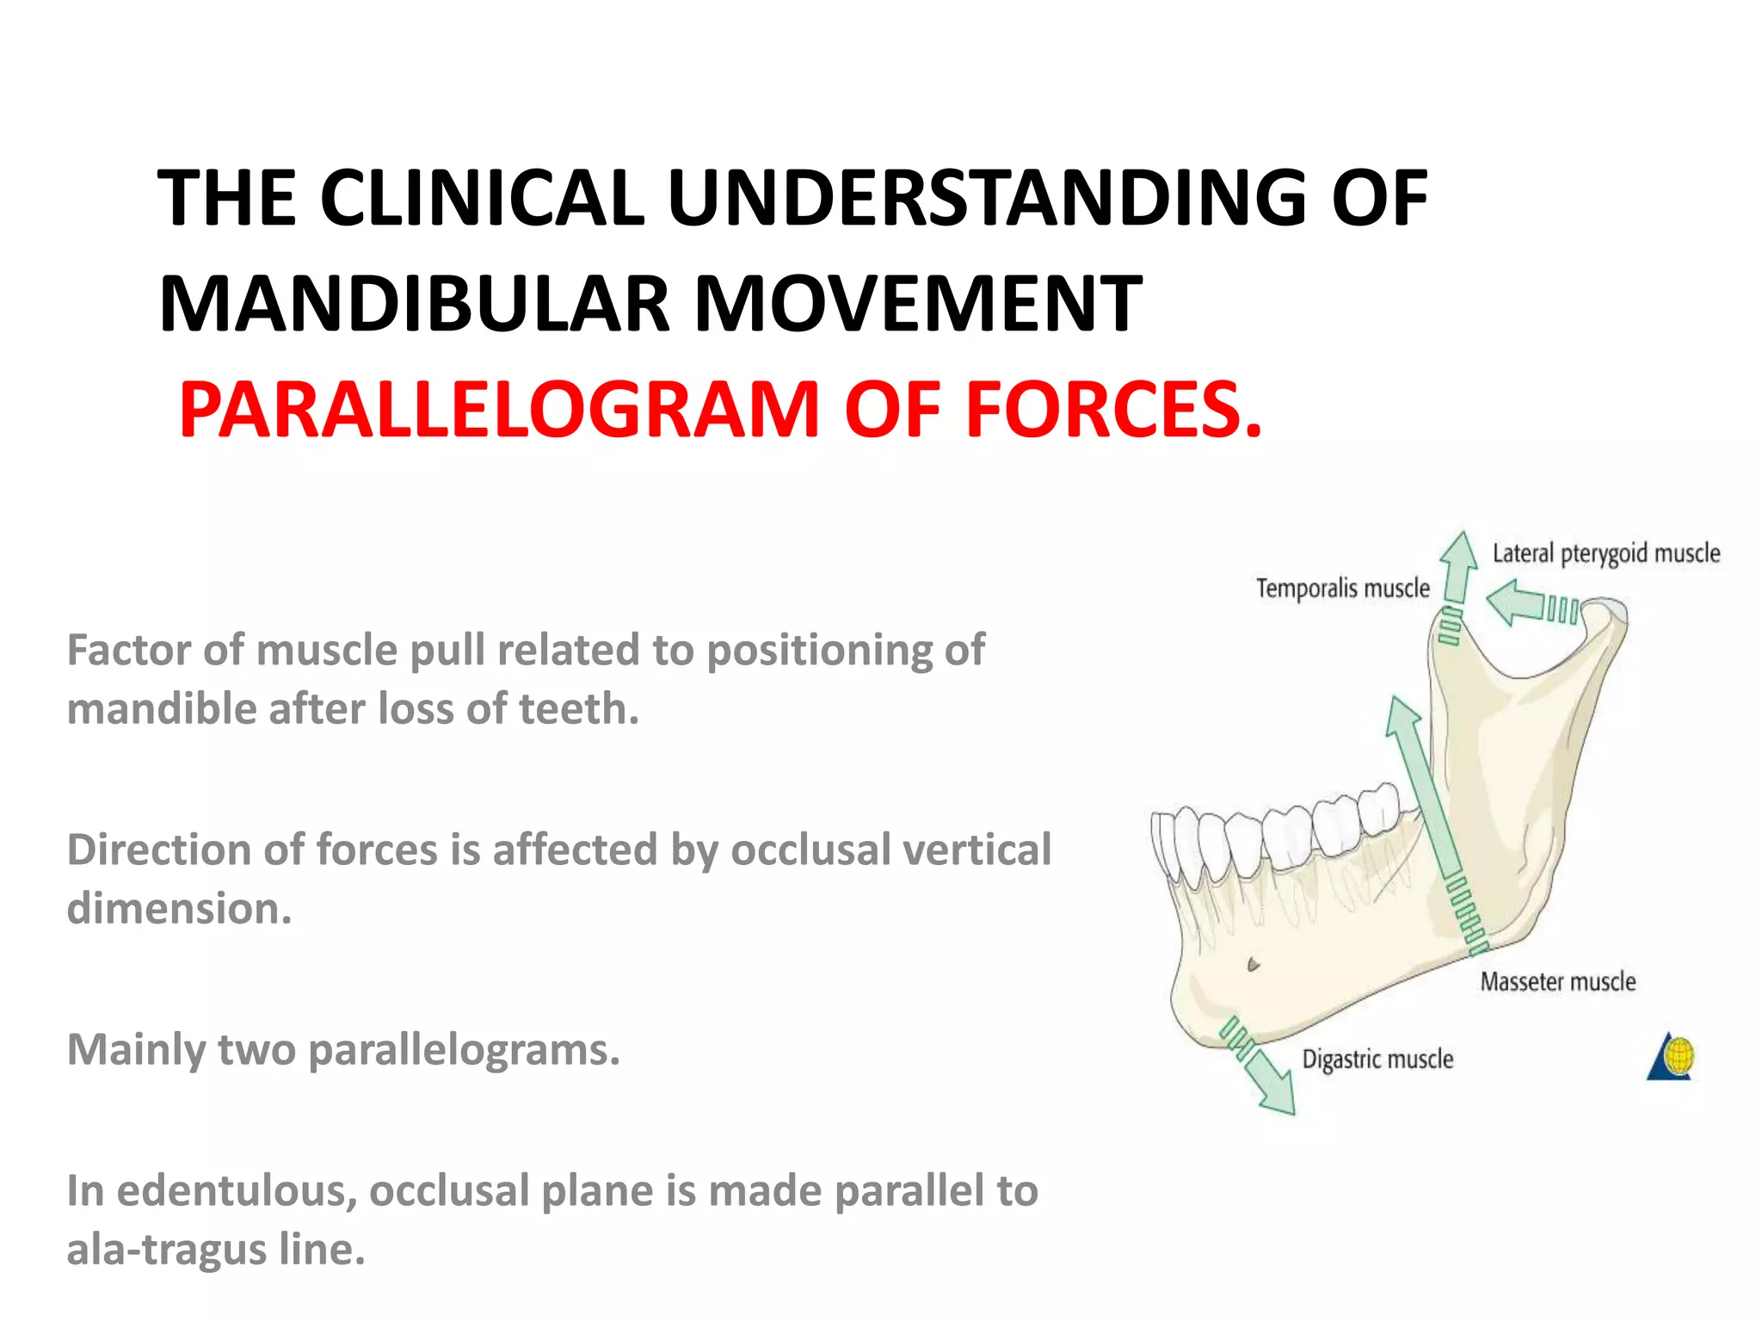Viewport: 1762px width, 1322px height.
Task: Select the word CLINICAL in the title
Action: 482,198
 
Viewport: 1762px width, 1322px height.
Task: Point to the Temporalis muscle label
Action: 1342,589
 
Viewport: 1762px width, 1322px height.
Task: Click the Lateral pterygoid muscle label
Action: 1605,553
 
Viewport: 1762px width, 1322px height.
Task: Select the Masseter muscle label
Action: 1557,982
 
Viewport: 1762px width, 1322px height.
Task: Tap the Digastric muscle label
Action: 1377,1059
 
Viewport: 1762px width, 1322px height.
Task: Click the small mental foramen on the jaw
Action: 1253,965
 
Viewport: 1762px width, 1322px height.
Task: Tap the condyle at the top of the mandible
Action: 1605,615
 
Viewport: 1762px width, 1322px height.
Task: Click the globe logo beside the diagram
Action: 1672,1056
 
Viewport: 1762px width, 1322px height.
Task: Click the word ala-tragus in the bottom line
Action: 167,1250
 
